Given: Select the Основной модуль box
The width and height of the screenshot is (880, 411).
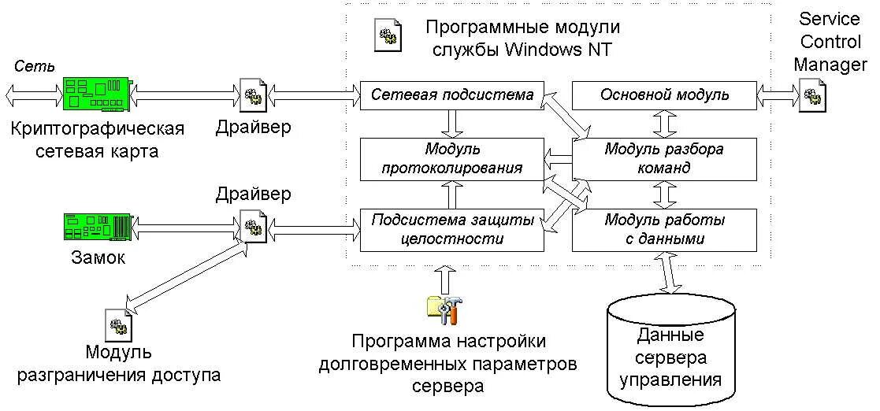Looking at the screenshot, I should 664,95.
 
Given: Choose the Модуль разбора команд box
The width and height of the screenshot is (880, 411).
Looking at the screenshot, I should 664,157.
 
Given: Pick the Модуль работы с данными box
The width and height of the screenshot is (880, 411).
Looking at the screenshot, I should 664,229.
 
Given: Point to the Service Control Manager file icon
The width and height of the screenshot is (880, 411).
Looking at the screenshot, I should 811,97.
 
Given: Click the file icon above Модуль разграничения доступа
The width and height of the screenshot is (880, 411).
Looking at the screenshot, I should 117,324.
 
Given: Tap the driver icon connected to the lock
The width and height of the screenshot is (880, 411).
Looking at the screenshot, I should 252,227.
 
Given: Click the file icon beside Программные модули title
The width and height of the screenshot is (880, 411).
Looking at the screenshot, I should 388,35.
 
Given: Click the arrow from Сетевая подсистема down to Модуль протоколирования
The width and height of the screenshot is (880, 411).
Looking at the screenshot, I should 452,124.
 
